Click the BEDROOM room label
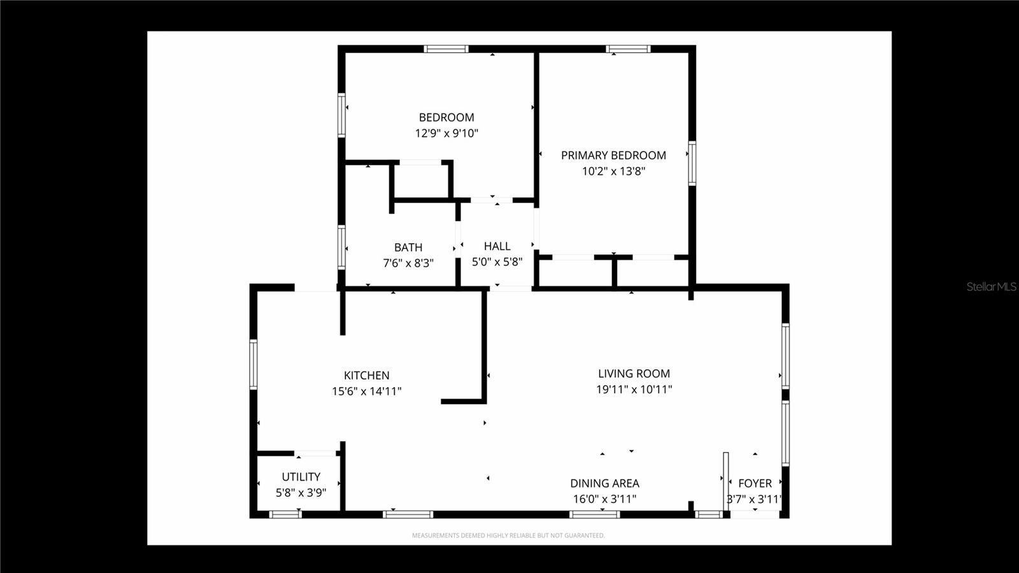coord(446,117)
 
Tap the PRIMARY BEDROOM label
coord(613,155)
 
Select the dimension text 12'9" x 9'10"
coord(446,133)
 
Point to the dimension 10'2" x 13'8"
coord(613,171)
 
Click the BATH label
coord(408,247)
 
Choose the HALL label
coord(497,246)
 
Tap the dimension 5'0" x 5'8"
coord(497,262)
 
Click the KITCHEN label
coord(366,376)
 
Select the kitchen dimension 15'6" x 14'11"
coord(366,391)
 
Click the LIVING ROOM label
coord(634,374)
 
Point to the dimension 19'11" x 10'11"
coord(634,389)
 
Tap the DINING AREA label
coord(604,483)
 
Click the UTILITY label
coord(301,477)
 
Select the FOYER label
coord(755,483)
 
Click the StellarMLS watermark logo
coord(991,286)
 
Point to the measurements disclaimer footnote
coord(508,535)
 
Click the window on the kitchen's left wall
coord(253,364)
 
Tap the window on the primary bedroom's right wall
coord(692,163)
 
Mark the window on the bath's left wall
coord(341,247)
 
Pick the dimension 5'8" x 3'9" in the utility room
coord(301,492)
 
